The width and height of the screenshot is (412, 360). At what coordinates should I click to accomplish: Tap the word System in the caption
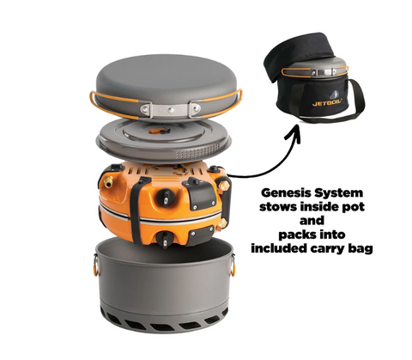(x=338, y=193)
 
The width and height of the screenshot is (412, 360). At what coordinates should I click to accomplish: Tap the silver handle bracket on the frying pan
(x=170, y=109)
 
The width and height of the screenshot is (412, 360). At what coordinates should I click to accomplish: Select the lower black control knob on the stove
(x=165, y=238)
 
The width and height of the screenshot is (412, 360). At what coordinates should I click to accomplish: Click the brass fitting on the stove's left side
(x=107, y=182)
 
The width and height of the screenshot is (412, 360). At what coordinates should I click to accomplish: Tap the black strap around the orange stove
(x=136, y=210)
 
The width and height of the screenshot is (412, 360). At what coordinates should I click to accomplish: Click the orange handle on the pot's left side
(x=95, y=265)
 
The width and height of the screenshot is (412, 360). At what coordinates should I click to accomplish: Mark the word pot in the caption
(x=354, y=207)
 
